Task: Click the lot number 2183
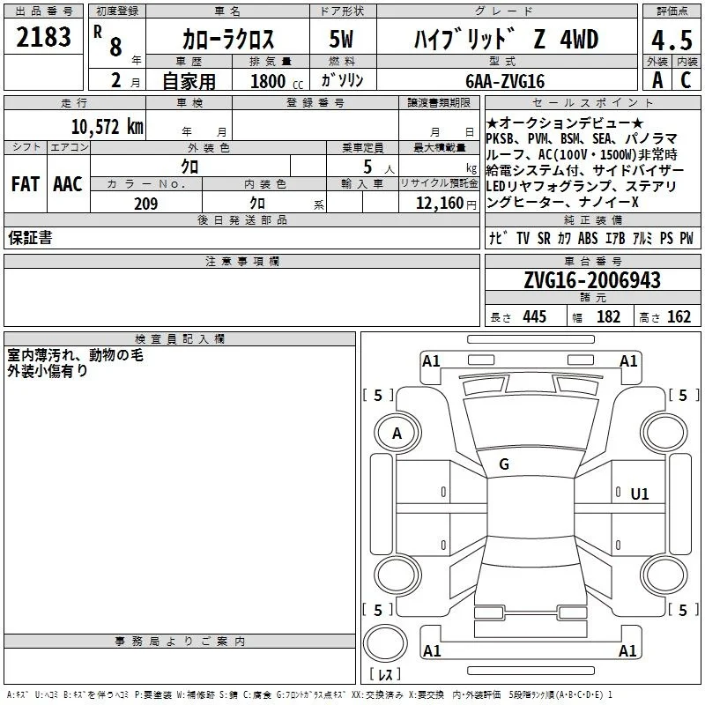[43, 37]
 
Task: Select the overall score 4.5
[672, 40]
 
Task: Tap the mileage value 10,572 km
[107, 126]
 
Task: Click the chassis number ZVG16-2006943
[592, 280]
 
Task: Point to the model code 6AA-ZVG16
[505, 81]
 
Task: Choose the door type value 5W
[341, 39]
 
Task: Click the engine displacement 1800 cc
[277, 81]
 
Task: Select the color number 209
[145, 204]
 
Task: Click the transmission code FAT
[26, 184]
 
